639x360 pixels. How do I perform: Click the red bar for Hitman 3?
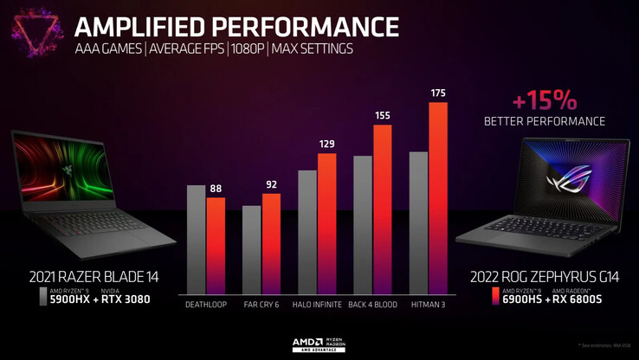click(438, 198)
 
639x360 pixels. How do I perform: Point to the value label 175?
click(438, 93)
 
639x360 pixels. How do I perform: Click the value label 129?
click(326, 144)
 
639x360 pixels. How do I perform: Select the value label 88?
click(216, 188)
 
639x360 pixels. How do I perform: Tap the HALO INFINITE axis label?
click(316, 305)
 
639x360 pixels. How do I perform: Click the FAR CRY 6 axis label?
click(261, 305)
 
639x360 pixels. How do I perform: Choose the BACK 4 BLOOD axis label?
click(373, 305)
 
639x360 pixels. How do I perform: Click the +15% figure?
click(545, 96)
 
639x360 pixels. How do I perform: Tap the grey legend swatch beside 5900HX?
click(43, 297)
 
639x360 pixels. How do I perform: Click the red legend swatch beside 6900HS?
click(494, 297)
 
